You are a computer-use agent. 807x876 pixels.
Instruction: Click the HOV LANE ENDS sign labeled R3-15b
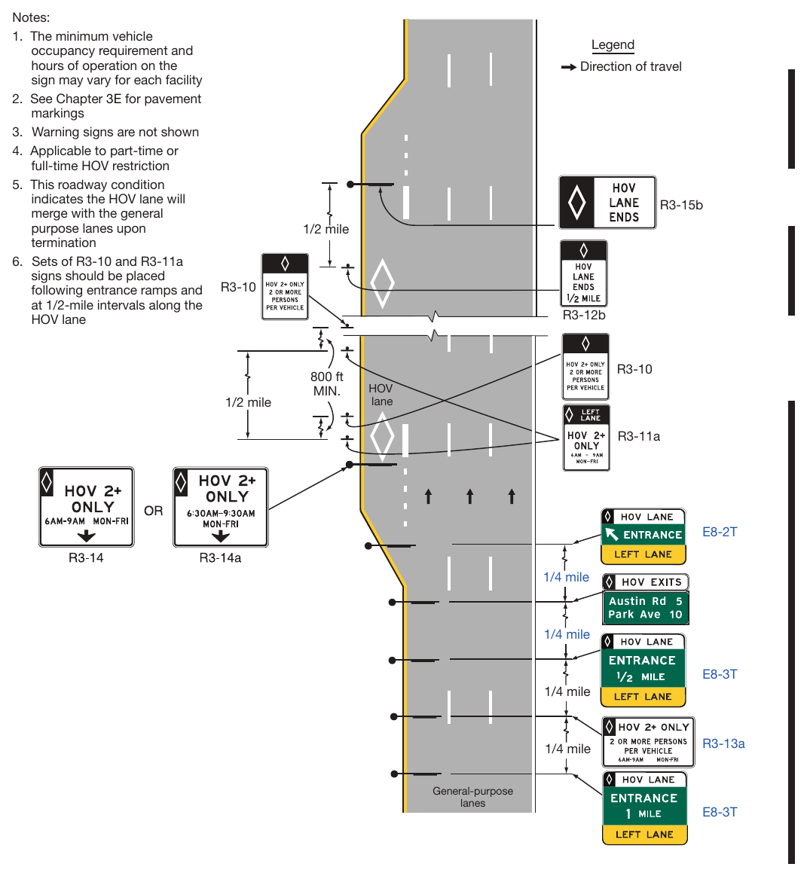[607, 202]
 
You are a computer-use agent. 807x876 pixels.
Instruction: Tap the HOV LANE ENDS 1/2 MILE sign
[583, 273]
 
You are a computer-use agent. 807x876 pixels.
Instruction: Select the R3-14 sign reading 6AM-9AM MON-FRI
[86, 507]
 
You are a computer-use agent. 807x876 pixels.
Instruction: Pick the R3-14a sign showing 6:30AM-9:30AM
[220, 507]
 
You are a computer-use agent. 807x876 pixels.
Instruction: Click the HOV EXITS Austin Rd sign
[646, 599]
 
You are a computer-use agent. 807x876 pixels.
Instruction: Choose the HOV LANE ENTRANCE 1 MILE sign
[644, 807]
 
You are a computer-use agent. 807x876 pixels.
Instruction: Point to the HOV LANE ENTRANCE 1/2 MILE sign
[643, 670]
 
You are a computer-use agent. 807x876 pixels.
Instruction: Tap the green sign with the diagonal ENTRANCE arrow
[643, 536]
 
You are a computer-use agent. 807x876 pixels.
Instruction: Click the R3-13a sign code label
[723, 743]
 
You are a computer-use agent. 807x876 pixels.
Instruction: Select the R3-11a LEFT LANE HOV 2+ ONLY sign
[586, 438]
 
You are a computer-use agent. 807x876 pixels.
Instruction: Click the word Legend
[613, 44]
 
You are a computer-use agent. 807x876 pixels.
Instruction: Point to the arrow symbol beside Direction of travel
[569, 67]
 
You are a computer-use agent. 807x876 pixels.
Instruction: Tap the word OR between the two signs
[154, 511]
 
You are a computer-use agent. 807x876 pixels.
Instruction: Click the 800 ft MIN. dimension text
[327, 384]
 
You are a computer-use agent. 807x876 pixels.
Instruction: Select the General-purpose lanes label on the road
[472, 797]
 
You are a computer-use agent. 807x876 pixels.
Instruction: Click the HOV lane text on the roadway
[381, 395]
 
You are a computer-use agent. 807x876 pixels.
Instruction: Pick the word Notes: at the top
[31, 17]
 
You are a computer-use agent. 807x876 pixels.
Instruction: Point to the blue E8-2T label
[720, 532]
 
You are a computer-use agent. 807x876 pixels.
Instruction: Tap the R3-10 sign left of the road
[285, 286]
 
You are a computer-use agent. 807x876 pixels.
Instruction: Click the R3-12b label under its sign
[584, 315]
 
